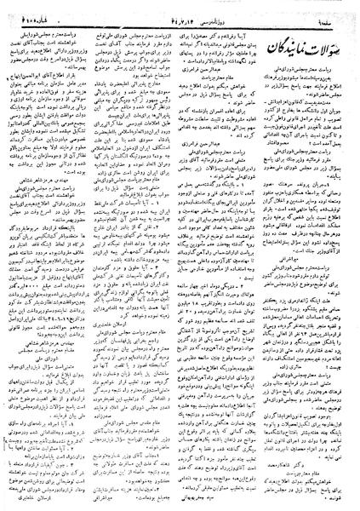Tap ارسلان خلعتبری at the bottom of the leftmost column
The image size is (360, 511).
tap(43, 494)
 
